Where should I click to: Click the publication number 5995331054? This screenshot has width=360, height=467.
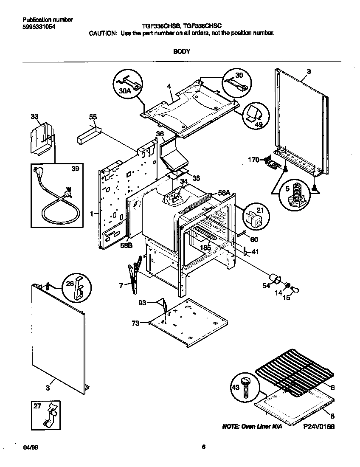click(39, 27)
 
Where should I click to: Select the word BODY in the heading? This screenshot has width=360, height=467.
click(182, 51)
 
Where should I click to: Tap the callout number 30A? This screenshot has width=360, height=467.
click(125, 91)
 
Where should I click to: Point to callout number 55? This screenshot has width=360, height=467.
click(93, 117)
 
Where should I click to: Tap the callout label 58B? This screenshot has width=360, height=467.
click(126, 245)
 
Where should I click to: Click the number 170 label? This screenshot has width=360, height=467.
click(253, 160)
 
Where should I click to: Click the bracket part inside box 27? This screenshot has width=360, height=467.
click(51, 416)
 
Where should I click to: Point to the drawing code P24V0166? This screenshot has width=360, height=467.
click(319, 427)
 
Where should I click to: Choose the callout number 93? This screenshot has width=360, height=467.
click(142, 303)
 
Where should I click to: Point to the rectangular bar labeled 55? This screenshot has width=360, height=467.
click(88, 135)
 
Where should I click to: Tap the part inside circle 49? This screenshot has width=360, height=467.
click(254, 113)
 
